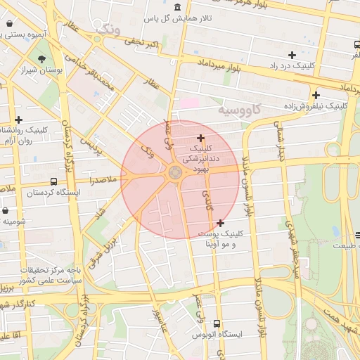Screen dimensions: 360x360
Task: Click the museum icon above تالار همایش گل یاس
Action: (175, 8)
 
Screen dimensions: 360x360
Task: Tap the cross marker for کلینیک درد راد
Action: (292, 55)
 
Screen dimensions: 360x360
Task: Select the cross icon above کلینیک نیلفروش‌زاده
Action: (316, 95)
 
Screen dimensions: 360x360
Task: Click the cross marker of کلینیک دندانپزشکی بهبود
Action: (201, 138)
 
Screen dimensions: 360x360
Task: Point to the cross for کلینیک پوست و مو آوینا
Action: (220, 223)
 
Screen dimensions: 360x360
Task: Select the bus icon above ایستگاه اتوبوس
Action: (216, 324)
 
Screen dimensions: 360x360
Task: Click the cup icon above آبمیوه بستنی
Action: (8, 23)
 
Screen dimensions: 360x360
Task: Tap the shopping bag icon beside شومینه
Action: (5, 210)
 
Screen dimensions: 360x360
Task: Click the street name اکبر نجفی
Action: (141, 44)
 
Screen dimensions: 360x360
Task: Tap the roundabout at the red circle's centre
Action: (175, 172)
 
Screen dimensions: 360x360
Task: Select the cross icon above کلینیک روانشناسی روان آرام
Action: (18, 120)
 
